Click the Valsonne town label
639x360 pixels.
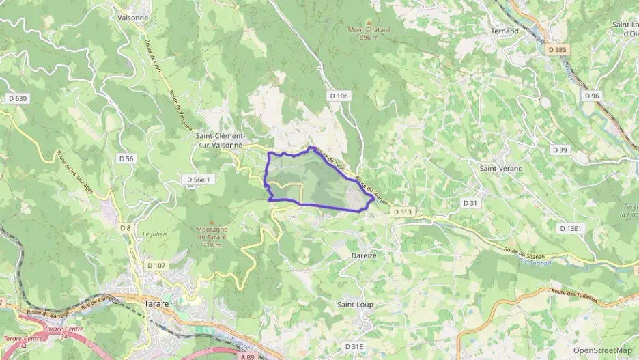[x=133, y=17]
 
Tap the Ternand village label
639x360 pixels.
[x=505, y=31]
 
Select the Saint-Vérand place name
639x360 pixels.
[x=500, y=168]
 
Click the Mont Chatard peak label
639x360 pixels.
[x=369, y=33]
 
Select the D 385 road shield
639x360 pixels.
[x=558, y=49]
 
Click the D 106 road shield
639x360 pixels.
[x=337, y=96]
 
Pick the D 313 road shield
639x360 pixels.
[x=403, y=212]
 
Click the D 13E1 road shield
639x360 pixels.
[x=570, y=228]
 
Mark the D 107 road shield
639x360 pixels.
[x=156, y=265]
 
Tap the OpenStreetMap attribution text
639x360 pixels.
[x=603, y=350]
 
